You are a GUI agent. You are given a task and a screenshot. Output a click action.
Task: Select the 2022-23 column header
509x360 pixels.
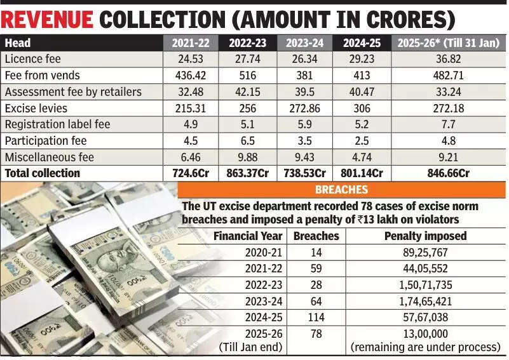click(x=247, y=43)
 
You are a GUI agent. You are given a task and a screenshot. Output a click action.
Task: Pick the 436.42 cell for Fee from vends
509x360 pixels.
click(x=190, y=76)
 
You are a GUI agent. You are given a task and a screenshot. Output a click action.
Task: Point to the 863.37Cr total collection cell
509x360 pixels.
click(x=247, y=173)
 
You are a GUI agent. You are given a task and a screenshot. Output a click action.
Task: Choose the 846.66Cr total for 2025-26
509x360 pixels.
click(x=448, y=173)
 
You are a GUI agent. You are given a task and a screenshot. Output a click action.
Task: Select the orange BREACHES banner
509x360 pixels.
click(x=341, y=190)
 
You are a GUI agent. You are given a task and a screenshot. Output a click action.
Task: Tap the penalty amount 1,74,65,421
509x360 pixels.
click(x=425, y=302)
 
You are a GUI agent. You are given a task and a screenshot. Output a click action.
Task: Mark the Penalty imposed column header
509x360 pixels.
click(x=425, y=236)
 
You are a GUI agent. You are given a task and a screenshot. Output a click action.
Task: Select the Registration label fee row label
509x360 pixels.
click(x=57, y=124)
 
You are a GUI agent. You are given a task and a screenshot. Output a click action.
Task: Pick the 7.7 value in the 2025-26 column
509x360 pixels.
click(x=448, y=124)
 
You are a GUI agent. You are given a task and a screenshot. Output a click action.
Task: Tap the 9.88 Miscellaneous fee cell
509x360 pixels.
click(x=247, y=157)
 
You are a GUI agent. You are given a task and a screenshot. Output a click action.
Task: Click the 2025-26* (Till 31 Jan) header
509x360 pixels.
click(x=448, y=43)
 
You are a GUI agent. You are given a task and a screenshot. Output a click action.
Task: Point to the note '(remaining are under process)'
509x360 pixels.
click(x=425, y=347)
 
